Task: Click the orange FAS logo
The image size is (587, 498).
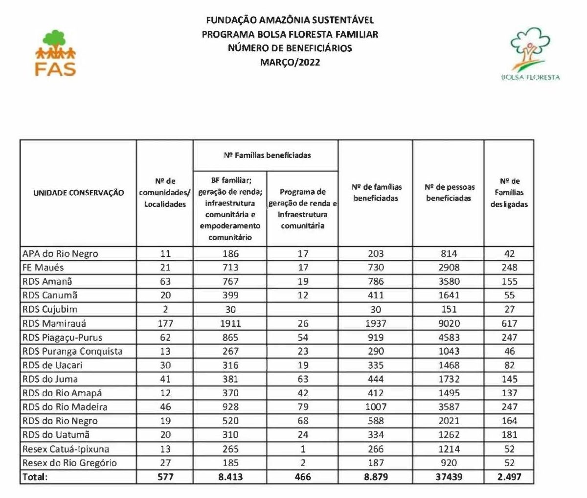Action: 55,53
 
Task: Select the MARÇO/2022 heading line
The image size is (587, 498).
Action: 290,62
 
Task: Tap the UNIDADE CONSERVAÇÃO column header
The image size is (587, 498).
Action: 78,193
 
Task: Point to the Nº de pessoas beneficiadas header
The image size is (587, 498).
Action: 448,193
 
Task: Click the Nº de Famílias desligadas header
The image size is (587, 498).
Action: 509,193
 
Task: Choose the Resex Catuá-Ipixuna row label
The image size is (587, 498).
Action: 66,449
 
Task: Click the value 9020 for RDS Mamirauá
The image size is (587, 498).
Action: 448,323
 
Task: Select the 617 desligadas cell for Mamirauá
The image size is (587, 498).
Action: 509,323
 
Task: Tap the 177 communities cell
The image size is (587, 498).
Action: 165,323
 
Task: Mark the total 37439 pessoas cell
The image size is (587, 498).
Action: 448,476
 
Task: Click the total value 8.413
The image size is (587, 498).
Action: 230,476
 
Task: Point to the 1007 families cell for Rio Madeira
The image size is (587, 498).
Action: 376,407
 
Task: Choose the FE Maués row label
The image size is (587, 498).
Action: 43,268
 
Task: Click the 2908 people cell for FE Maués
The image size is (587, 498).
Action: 448,268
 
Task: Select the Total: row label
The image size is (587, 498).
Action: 35,476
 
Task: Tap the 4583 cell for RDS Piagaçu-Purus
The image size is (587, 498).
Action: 448,338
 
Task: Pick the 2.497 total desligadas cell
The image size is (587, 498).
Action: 509,476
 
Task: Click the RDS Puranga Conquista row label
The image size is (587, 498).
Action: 72,351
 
